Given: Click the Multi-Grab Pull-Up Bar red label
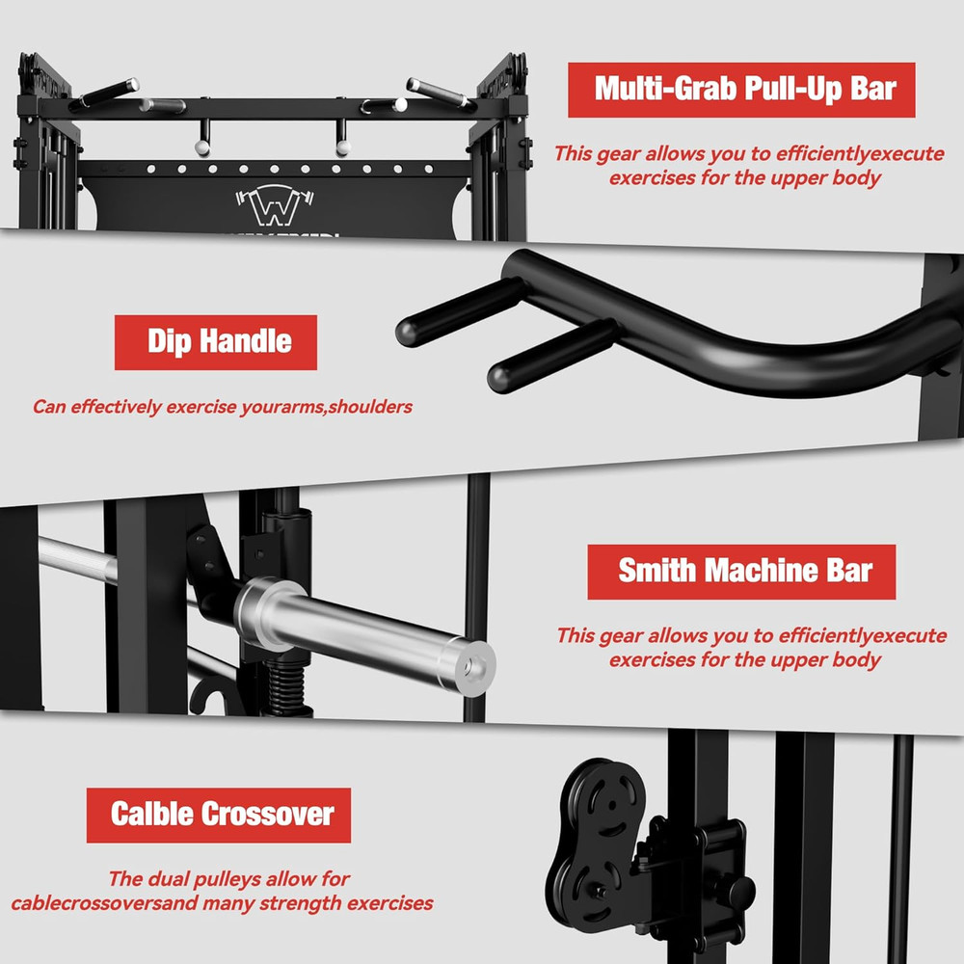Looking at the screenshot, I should pos(740,90).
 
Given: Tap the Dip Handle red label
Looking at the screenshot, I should pos(216,341).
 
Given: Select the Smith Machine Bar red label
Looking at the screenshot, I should pos(741,572).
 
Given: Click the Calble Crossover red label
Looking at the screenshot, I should pos(219,816).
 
